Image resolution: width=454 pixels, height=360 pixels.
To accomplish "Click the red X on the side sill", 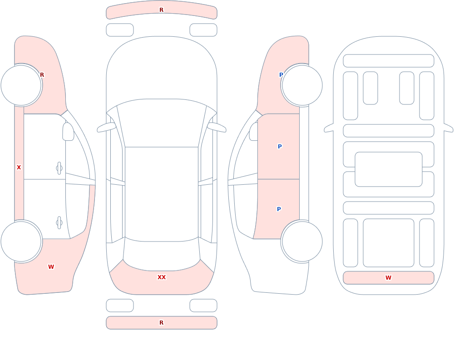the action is click(x=19, y=168).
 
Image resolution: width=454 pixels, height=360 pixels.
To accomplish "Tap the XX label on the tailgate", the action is click(x=162, y=277).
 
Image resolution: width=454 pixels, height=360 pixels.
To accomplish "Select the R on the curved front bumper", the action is click(x=162, y=10).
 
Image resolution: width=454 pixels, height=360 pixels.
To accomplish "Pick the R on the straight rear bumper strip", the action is click(x=162, y=323).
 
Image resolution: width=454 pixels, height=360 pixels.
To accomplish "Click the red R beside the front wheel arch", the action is click(x=42, y=75).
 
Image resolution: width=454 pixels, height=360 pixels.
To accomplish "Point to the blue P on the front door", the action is click(x=280, y=147).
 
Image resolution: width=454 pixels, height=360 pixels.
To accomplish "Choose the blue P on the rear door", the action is click(x=279, y=209).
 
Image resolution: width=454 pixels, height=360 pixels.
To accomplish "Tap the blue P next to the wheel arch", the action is click(x=281, y=75).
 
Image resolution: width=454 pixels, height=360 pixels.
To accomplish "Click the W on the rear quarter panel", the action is click(x=51, y=267).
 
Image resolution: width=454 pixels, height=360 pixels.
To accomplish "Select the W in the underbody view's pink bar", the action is click(x=388, y=278).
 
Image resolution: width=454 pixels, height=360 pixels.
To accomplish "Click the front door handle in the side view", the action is click(x=59, y=168).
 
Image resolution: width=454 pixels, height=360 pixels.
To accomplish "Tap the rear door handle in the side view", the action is click(x=59, y=223).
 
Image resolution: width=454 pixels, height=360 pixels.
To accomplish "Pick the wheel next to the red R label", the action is click(x=21, y=85).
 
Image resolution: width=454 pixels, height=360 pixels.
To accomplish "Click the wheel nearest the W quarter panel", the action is click(x=21, y=242).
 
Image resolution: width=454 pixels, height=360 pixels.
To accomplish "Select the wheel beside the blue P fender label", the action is click(x=302, y=85).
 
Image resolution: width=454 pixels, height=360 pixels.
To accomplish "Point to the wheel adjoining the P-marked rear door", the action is click(x=302, y=242).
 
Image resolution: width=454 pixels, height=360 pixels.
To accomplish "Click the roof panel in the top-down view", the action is click(x=162, y=194).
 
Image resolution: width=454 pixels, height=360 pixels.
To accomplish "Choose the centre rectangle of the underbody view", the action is click(x=389, y=169).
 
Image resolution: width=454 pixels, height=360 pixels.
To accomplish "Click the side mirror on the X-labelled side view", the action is click(x=68, y=132).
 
